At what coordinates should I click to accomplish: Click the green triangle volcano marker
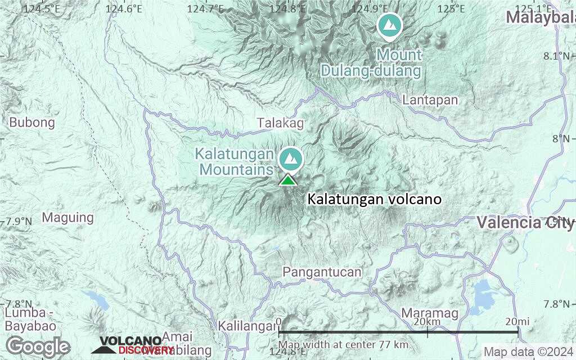pos(287,180)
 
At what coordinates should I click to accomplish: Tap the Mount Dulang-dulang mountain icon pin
pos(389,25)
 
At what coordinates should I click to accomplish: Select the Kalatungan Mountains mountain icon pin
pos(291,159)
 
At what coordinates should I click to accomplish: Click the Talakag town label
pos(280,123)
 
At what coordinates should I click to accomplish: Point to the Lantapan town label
pos(430,100)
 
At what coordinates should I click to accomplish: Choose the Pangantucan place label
pos(322,272)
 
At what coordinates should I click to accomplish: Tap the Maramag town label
pos(430,313)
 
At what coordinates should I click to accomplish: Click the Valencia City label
pos(525,222)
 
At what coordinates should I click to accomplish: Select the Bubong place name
pos(32,122)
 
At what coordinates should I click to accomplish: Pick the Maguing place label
pos(68,217)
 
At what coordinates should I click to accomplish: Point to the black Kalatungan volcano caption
pos(374,200)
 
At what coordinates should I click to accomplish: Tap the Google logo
pos(38,346)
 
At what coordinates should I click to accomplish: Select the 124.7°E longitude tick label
pos(205,8)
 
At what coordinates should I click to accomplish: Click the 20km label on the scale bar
pos(426,321)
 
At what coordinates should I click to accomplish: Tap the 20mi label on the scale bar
pos(517,321)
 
